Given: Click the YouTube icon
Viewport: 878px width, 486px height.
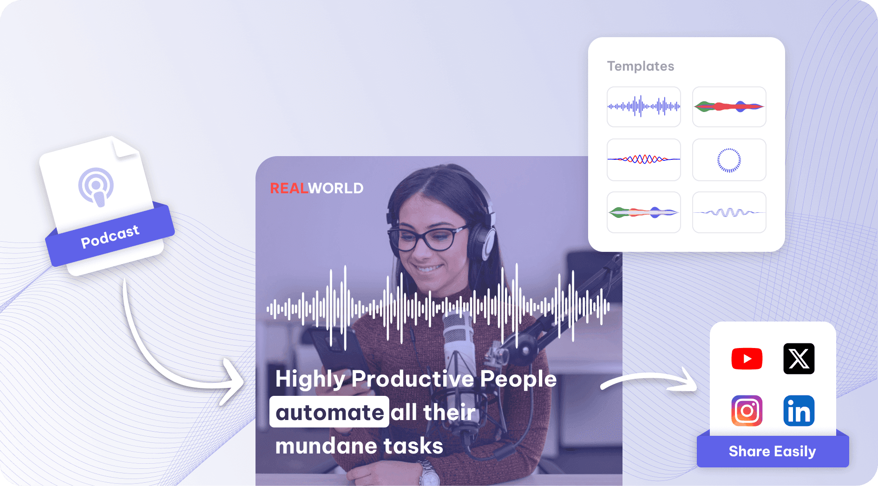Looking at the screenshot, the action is (x=747, y=359).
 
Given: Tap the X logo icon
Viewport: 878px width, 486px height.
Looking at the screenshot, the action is (x=799, y=359).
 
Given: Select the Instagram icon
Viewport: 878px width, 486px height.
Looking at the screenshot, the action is (x=747, y=411).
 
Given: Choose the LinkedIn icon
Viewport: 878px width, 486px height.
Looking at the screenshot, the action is (x=799, y=411).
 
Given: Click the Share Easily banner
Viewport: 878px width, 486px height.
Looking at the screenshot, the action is (x=773, y=451).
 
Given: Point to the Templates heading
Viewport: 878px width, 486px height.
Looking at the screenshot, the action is (x=641, y=66).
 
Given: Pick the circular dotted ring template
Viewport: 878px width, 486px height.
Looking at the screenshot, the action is (x=729, y=160).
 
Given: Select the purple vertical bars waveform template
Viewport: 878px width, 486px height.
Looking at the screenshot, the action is (x=644, y=107).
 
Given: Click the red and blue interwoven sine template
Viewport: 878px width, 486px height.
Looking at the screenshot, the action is (x=644, y=159).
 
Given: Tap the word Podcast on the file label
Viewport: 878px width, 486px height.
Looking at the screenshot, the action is (x=110, y=236).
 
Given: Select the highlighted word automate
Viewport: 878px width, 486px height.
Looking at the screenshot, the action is (x=329, y=412).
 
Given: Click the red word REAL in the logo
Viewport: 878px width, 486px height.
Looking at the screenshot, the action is (x=289, y=188).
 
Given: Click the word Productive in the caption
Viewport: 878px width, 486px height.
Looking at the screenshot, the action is (x=413, y=379).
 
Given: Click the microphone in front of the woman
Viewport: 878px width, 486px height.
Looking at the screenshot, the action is (x=459, y=353).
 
